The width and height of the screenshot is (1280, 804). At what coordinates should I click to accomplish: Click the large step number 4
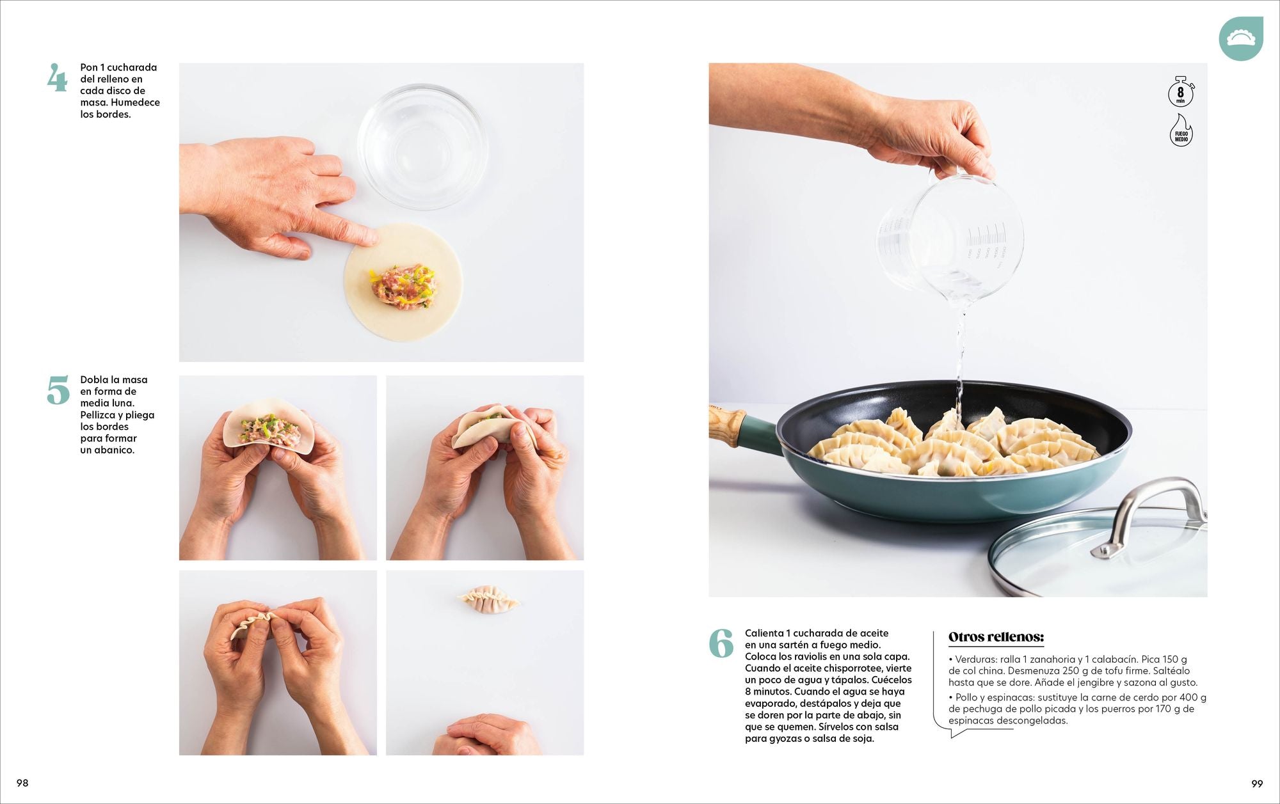(57, 78)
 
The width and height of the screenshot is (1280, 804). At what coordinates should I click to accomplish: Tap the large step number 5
(58, 390)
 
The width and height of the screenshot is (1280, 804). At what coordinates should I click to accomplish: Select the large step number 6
(721, 643)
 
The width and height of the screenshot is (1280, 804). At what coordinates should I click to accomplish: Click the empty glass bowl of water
(422, 146)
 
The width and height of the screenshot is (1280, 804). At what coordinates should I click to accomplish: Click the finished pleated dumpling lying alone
(488, 599)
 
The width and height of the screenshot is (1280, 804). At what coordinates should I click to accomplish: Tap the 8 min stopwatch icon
(1181, 91)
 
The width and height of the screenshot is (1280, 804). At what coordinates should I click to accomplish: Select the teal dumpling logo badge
(1241, 39)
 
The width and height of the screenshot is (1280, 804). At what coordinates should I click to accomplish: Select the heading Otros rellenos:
(996, 637)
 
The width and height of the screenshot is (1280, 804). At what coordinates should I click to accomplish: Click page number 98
(22, 783)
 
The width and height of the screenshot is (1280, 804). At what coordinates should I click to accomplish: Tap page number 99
(1257, 784)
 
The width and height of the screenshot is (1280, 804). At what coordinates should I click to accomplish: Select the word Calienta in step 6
(764, 633)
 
